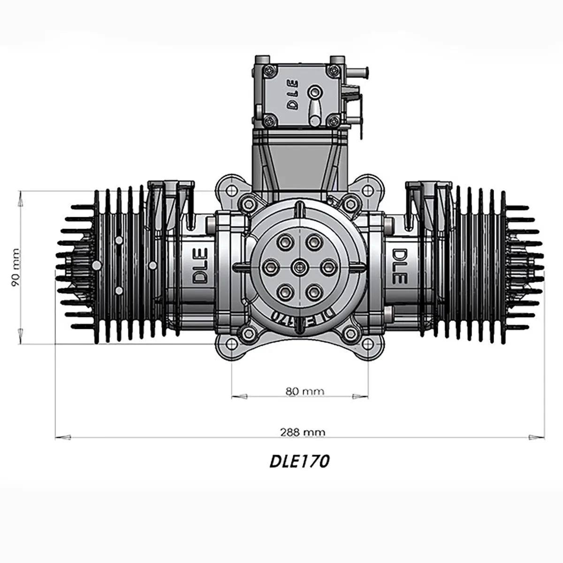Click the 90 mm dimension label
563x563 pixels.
[15, 267]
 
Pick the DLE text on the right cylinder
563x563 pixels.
[398, 266]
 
